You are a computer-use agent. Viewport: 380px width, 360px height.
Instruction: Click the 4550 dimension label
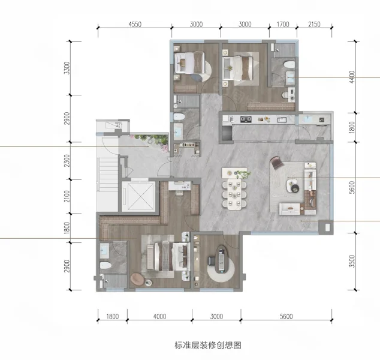135,24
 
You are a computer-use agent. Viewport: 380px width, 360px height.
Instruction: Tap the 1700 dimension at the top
283,24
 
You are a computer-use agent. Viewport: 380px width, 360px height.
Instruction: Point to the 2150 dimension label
314,24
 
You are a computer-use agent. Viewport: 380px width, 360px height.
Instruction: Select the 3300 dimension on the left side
67,68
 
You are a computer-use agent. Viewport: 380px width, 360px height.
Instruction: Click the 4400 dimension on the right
352,77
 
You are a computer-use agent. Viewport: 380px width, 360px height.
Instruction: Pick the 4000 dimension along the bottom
159,316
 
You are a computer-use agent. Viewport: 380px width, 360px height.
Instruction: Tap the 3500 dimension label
352,261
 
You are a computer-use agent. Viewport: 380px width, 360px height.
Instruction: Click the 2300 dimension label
67,161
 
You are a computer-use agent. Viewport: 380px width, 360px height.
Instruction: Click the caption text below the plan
208,345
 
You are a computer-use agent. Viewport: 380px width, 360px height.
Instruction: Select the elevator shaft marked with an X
138,196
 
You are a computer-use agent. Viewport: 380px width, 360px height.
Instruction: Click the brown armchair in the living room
278,162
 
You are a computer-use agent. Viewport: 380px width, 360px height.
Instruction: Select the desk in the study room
221,260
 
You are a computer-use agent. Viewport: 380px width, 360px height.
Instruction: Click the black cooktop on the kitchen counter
246,119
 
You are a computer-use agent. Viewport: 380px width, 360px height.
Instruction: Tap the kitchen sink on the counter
282,119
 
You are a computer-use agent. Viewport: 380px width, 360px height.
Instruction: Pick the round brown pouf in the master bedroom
137,279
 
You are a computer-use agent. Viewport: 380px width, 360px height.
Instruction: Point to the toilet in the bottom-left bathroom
105,265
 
